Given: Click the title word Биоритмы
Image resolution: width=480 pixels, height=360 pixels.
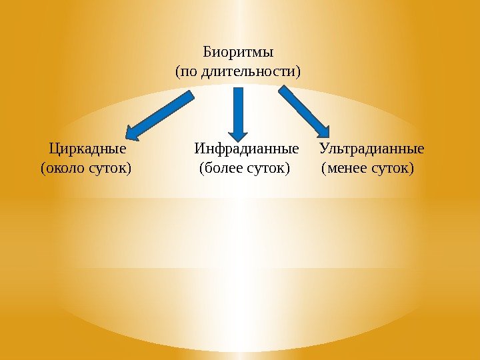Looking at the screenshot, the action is tap(238, 52).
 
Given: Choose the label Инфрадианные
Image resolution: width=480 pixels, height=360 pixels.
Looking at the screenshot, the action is tap(246, 148).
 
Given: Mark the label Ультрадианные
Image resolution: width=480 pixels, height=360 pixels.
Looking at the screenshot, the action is tap(371, 148).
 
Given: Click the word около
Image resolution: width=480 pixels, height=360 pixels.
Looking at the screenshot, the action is tap(64, 167).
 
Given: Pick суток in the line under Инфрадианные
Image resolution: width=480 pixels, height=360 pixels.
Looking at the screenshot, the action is tap(268, 167).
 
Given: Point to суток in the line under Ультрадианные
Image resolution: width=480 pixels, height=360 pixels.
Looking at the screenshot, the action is tap(390, 167).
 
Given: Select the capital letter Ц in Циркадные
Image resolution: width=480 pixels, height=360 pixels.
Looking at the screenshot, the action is tap(54, 148).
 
